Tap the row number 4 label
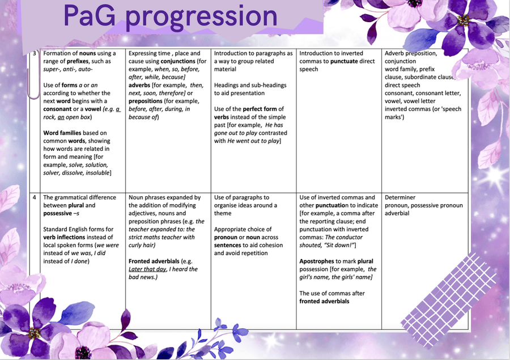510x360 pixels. (35, 197)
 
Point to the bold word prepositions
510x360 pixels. (146, 101)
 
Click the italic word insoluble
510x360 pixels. (97, 173)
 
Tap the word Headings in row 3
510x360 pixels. (226, 85)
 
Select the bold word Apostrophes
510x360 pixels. (316, 261)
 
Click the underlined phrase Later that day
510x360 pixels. (147, 269)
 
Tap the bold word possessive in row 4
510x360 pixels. (58, 214)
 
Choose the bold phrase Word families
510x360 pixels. (62, 133)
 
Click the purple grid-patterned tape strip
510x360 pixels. (449, 301)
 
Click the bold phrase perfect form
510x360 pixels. (260, 109)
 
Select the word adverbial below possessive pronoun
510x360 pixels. (397, 214)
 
